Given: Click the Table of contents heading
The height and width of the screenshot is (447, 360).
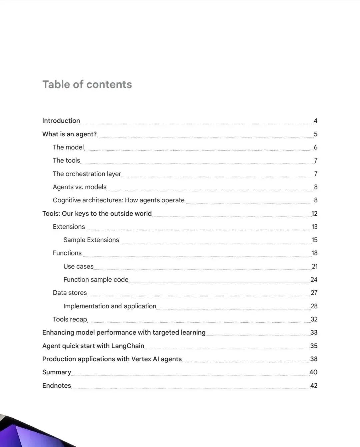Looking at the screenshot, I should click(x=87, y=84).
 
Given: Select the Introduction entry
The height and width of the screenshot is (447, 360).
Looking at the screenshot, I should click(x=61, y=121).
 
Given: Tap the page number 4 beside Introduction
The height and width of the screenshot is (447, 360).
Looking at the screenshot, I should click(x=315, y=121).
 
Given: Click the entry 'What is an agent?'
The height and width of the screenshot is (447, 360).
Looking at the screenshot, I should click(x=69, y=134).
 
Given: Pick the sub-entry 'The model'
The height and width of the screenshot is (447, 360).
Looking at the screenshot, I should click(x=68, y=147).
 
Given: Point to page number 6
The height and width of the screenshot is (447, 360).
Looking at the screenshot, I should click(x=315, y=147).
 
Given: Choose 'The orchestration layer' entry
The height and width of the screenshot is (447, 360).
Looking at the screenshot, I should click(x=87, y=174).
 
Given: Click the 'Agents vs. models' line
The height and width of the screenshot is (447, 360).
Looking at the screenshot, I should click(x=79, y=187).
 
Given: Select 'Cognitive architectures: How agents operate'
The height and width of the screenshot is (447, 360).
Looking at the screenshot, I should click(x=118, y=200).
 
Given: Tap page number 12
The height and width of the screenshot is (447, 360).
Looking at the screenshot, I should click(x=314, y=213).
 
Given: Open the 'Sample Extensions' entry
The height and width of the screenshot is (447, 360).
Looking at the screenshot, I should click(x=91, y=240).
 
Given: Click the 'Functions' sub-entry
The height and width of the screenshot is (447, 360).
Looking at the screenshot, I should click(x=67, y=253).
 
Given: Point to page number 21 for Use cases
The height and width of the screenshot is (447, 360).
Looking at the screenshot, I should click(x=314, y=266).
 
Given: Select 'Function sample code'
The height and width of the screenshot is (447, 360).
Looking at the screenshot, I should click(x=96, y=279).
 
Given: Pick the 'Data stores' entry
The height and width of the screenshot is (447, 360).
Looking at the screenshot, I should click(x=70, y=293).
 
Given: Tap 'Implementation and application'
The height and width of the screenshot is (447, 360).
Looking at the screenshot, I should click(x=110, y=306).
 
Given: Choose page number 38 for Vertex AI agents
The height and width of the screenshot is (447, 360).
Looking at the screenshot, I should click(x=314, y=359).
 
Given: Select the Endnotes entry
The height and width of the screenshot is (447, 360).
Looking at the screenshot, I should click(x=57, y=385).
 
